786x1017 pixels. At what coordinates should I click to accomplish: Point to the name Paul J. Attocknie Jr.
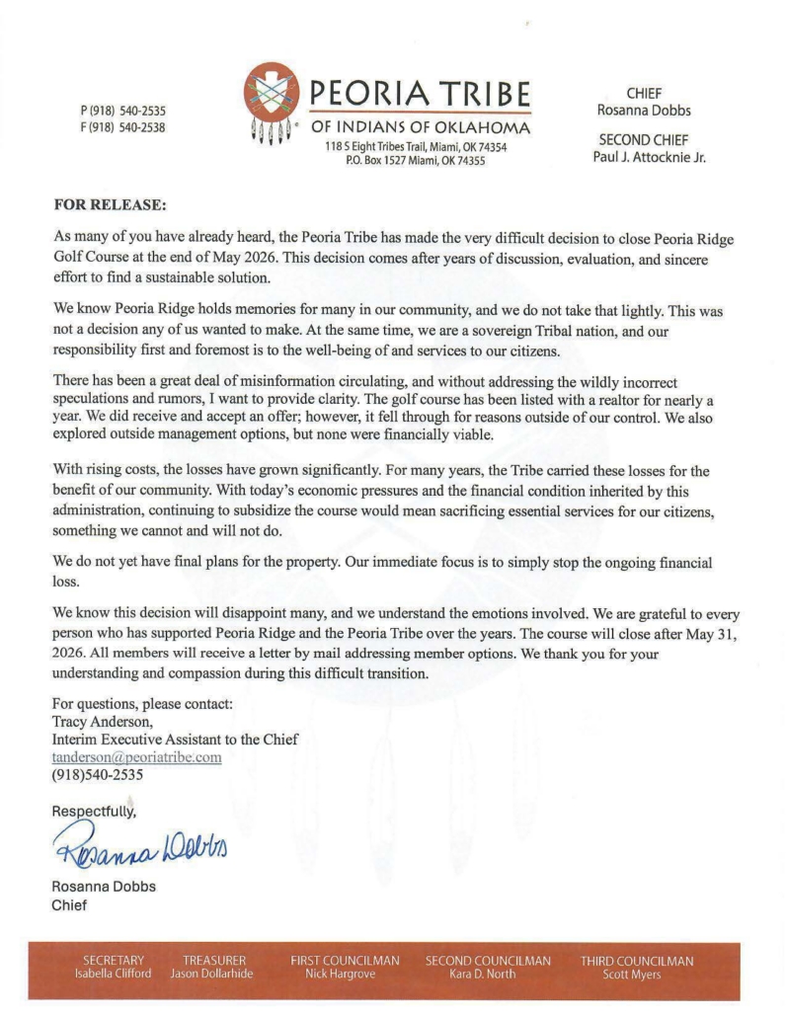tap(649, 155)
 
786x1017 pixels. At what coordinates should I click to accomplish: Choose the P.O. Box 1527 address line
tap(415, 161)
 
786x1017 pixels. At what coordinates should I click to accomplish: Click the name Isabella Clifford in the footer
tap(115, 975)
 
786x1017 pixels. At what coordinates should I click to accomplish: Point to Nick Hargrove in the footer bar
tap(345, 975)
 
